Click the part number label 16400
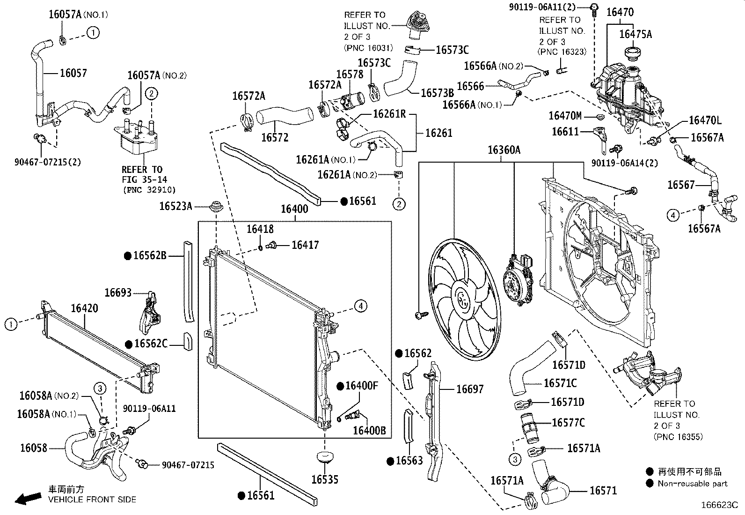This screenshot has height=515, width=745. pyautogui.click(x=294, y=209)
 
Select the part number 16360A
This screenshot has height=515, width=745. pyautogui.click(x=504, y=150)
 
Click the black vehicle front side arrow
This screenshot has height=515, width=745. pyautogui.click(x=28, y=498)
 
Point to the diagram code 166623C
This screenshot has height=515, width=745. pyautogui.click(x=719, y=505)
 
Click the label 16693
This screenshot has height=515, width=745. pyautogui.click(x=118, y=292)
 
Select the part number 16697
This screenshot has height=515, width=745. pyautogui.click(x=470, y=389)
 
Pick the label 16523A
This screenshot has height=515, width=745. pyautogui.click(x=175, y=206)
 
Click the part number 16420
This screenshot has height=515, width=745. pyautogui.click(x=85, y=308)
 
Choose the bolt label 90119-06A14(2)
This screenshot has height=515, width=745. pyautogui.click(x=624, y=163)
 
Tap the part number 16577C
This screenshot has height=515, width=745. pyautogui.click(x=569, y=423)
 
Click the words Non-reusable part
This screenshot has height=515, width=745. pyautogui.click(x=693, y=483)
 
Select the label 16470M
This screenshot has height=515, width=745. pyautogui.click(x=565, y=116)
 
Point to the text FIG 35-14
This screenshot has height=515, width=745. pyautogui.click(x=144, y=179)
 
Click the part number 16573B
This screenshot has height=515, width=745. pyautogui.click(x=437, y=93)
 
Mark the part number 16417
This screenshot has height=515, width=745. pyautogui.click(x=305, y=245)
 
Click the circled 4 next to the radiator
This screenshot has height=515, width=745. pyautogui.click(x=360, y=306)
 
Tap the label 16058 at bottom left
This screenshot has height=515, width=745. pyautogui.click(x=34, y=448)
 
